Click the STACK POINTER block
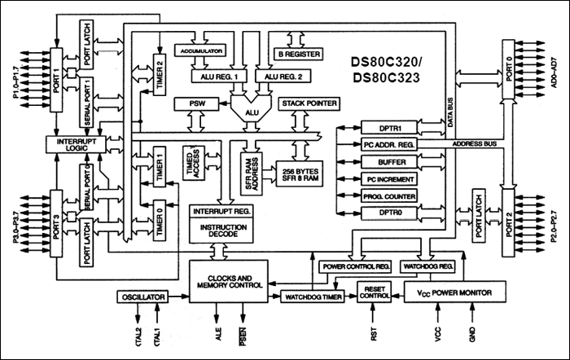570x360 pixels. pos(309,105)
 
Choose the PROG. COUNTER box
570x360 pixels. pos(388,195)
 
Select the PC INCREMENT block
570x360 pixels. pos(388,179)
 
